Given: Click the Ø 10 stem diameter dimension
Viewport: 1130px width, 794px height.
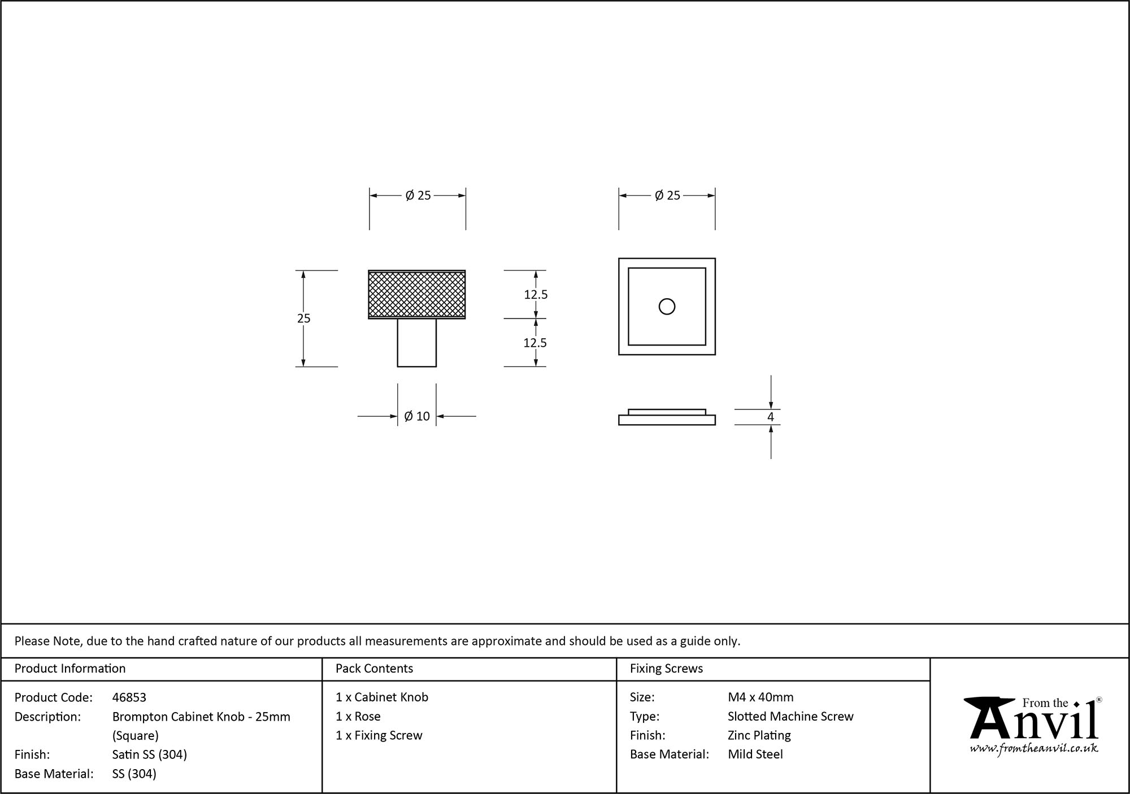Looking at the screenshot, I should point(417,416).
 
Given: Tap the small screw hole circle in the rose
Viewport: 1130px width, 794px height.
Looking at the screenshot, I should point(667,307).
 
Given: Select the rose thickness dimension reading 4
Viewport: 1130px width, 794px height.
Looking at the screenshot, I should point(771,417).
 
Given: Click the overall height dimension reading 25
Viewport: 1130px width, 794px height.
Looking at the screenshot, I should point(304,319).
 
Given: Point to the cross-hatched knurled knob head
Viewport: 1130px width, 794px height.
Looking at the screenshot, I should point(417,294).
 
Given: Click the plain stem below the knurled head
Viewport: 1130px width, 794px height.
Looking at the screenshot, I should point(417,343).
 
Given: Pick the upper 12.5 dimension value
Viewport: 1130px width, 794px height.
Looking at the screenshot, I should point(536,294).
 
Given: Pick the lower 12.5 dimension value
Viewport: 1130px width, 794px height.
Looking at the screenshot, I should point(536,343).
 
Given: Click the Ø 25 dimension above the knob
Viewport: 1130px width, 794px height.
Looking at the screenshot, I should point(418,195).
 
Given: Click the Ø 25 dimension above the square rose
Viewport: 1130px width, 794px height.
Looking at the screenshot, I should point(667,195).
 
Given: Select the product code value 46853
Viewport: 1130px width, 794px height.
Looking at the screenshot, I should point(129,697).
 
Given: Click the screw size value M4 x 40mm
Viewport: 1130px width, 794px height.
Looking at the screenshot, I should point(760,697).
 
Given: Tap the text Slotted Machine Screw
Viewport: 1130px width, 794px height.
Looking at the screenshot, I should point(790,716).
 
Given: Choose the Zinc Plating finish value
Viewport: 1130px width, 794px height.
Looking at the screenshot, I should point(759,735).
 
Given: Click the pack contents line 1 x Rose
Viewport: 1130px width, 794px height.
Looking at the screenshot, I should point(358,716).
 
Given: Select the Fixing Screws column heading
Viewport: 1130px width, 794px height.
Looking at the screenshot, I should point(666,669).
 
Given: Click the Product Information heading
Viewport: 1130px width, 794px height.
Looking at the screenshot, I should point(70,669).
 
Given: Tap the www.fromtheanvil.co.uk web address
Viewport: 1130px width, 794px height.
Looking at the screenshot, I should point(1034,748).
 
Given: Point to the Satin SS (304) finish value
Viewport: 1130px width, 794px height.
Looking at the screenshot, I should point(150,754).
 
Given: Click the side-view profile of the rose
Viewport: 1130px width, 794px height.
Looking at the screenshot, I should point(667,418).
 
